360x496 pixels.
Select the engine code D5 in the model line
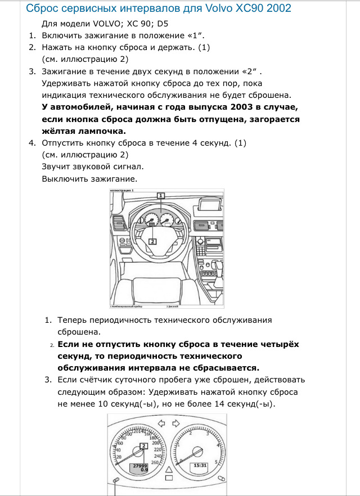pyautogui.click(x=162, y=24)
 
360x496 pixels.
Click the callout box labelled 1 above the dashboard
pyautogui.click(x=160, y=195)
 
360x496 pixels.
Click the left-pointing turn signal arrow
pyautogui.click(x=160, y=423)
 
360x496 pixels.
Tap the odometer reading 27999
pyautogui.click(x=139, y=466)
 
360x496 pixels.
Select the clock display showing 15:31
pyautogui.click(x=200, y=466)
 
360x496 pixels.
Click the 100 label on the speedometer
pyautogui.click(x=128, y=433)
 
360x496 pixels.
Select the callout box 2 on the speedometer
pyautogui.click(x=143, y=446)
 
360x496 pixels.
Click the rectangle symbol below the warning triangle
pyautogui.click(x=168, y=477)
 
